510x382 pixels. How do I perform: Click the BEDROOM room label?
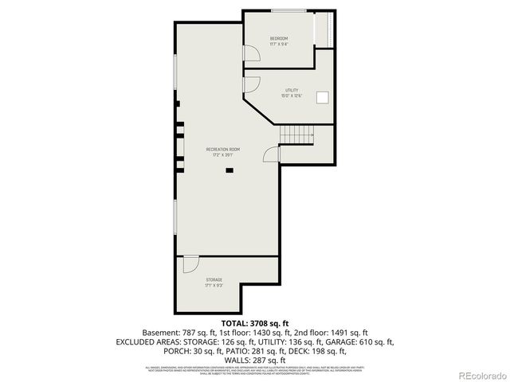click(278, 38)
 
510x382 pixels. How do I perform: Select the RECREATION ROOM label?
click(222, 150)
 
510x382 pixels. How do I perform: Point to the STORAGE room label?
click(214, 279)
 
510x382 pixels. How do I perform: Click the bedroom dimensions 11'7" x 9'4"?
click(278, 45)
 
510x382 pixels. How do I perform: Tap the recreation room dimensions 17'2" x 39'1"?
click(222, 155)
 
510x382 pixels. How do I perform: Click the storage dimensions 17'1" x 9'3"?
click(214, 285)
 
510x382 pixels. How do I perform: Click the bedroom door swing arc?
click(251, 53)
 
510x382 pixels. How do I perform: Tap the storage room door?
click(190, 263)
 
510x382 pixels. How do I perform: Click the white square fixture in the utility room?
click(323, 97)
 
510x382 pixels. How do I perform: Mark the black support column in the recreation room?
click(229, 169)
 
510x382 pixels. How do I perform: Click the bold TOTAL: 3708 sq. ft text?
click(254, 322)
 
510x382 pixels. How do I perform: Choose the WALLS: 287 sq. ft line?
click(254, 360)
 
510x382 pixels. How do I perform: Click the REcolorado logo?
click(479, 374)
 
